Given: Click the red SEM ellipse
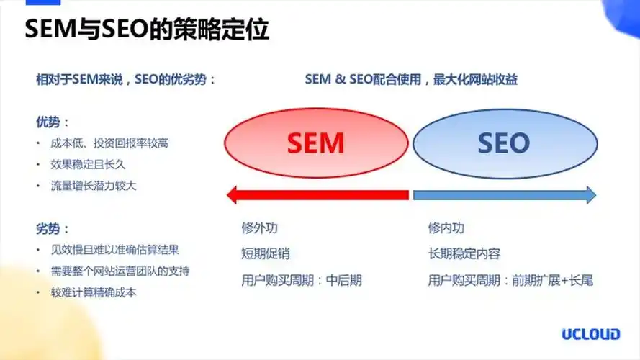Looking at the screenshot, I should pos(316,143).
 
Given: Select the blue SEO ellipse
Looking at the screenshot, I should pos(504,143).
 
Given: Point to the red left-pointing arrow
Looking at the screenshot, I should pos(317,194).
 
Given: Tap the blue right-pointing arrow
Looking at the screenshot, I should pos(503,194).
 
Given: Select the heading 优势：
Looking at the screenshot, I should pos(53,122).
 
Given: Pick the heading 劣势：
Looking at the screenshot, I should pos(53,229).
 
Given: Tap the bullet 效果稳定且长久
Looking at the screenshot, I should pos(88,164).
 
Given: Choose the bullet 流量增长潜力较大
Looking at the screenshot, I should pos(94,185).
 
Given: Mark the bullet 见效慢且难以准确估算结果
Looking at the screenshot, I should pos(114,250).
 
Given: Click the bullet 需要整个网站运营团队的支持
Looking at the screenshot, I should pos(120,271).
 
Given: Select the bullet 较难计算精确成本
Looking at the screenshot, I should pos(94,292).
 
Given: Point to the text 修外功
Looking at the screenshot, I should pos(259,228).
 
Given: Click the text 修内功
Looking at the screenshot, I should pos(446,228).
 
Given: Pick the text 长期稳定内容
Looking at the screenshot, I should pos(464,253).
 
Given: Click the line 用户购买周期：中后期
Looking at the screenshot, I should pos(301,280).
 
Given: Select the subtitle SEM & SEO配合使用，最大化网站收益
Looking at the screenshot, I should pos(411,79).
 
